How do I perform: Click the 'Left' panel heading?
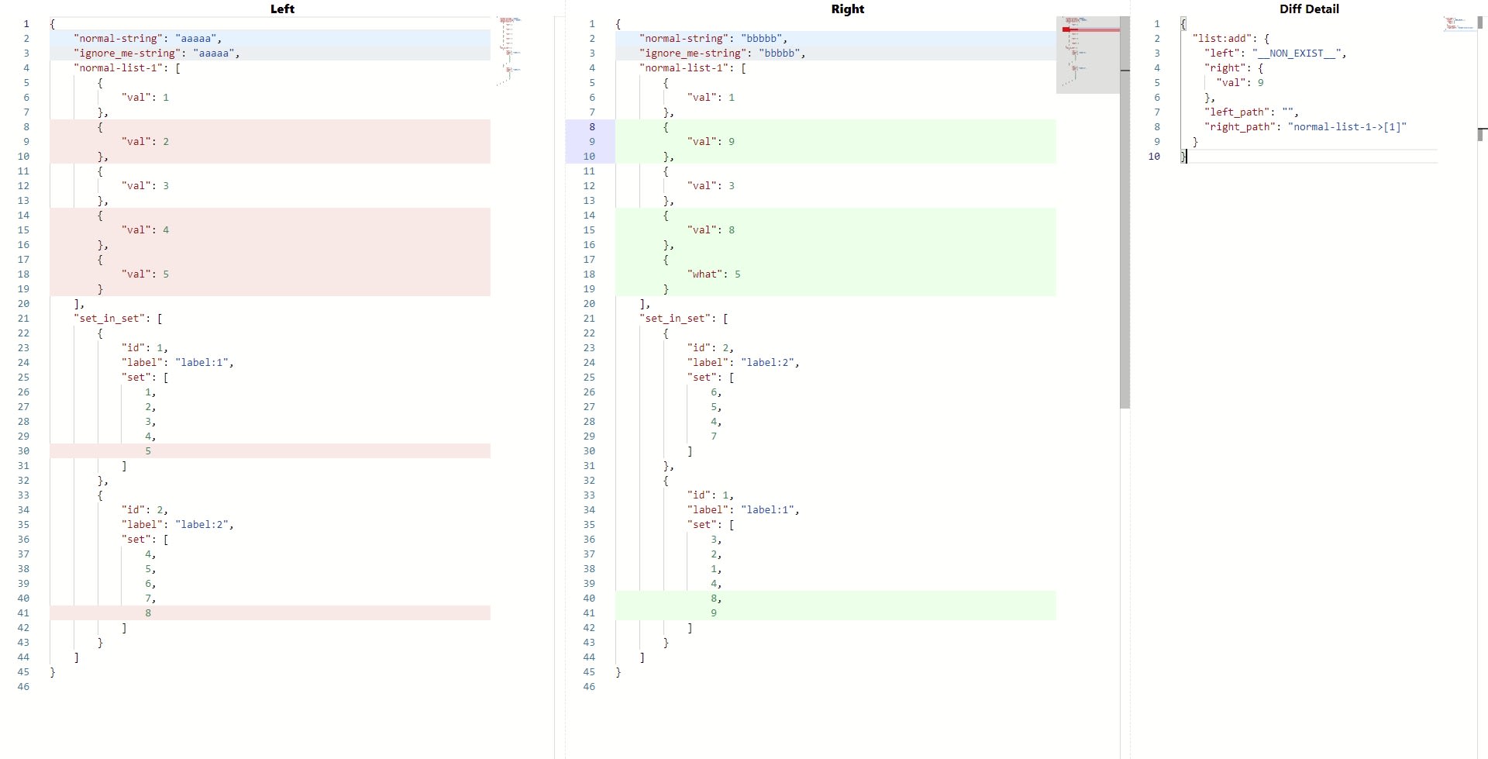click(282, 9)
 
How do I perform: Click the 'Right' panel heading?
click(847, 9)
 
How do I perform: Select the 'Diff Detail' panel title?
click(1309, 9)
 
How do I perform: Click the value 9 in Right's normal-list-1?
click(732, 141)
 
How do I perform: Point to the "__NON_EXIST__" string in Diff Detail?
click(1297, 53)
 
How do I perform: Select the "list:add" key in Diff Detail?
click(1221, 38)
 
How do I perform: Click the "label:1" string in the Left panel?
click(204, 362)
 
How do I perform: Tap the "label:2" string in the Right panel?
click(770, 362)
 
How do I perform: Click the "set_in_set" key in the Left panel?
click(109, 318)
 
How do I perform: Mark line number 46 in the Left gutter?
click(24, 686)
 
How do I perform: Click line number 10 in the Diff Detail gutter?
click(1154, 156)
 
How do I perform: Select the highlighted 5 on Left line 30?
click(148, 450)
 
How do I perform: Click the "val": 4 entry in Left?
click(145, 229)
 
